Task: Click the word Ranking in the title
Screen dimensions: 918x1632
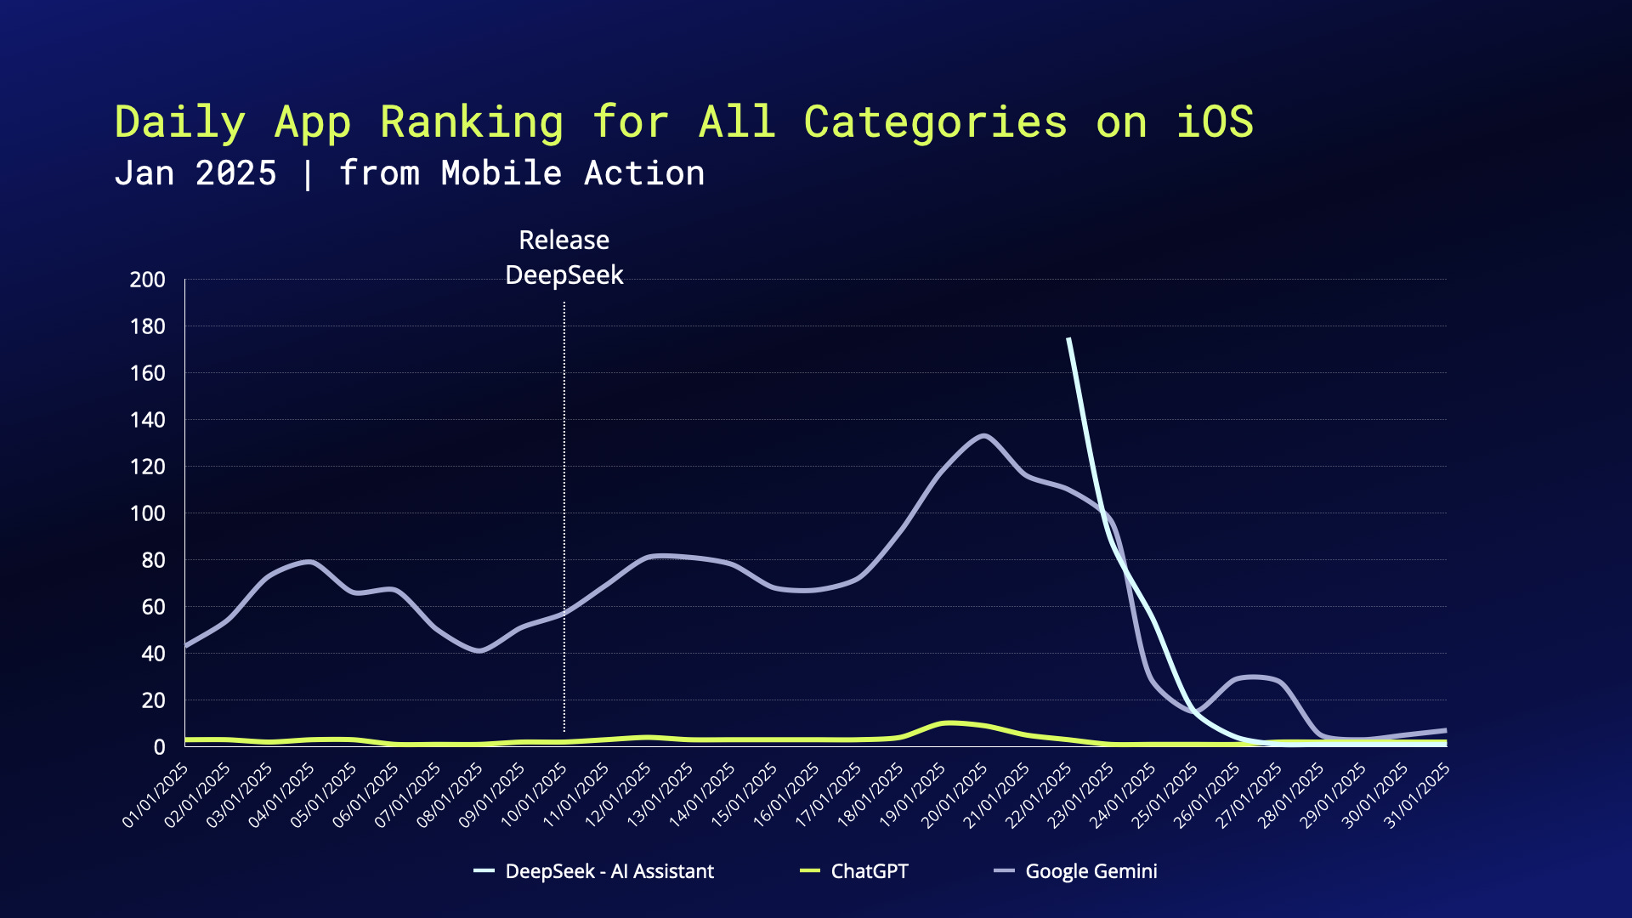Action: (472, 123)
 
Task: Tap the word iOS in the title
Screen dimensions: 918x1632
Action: (1214, 122)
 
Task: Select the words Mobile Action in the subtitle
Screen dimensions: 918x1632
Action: (573, 173)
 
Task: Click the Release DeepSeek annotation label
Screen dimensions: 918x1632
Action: (564, 258)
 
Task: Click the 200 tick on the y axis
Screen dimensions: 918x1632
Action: (148, 280)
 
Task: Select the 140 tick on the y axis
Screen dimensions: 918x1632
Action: (148, 420)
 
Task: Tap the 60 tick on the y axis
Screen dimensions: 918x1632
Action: (153, 607)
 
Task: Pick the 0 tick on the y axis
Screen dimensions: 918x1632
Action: (159, 747)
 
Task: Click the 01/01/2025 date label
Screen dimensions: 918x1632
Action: (156, 796)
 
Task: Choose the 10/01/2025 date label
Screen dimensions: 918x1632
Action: (535, 796)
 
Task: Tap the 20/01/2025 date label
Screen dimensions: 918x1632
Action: (955, 796)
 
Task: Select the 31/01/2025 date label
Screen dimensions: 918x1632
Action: (1418, 796)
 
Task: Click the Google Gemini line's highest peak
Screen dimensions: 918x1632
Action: (984, 436)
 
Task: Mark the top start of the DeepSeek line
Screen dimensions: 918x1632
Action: (1068, 338)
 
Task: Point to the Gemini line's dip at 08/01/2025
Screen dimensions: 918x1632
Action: (479, 651)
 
